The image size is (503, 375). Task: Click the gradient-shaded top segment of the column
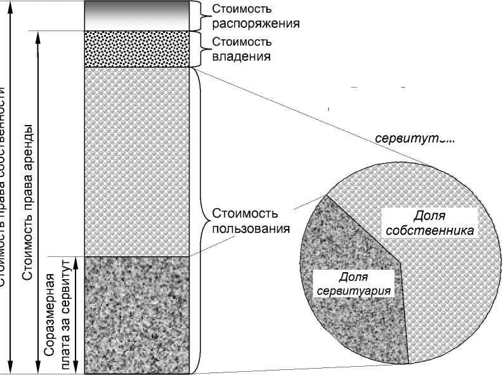coord(138,15)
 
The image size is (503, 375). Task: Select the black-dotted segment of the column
coord(138,49)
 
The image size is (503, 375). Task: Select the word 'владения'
coord(241,56)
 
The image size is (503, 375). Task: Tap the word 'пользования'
coord(252,227)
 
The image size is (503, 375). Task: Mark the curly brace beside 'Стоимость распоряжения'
coord(198,15)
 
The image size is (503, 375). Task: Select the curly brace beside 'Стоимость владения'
coord(198,49)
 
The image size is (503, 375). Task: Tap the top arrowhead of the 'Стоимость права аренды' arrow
coord(39,35)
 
